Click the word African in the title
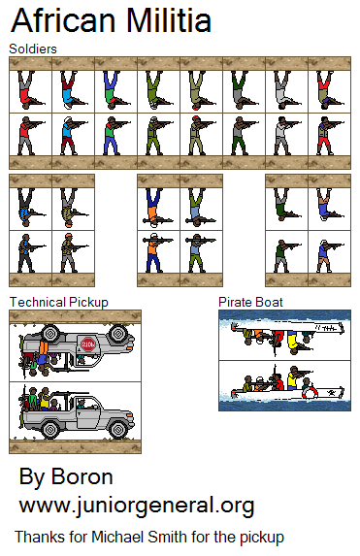click(63, 20)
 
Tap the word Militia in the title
click(169, 20)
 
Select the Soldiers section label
click(33, 49)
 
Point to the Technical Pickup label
click(59, 303)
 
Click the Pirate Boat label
click(250, 302)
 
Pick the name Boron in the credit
click(82, 477)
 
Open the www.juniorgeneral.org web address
click(137, 506)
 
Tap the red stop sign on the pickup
click(88, 343)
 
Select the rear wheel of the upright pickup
click(50, 430)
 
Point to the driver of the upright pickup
click(82, 405)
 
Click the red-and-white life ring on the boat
click(310, 392)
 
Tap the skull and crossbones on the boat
click(332, 393)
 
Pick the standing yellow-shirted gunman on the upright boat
click(293, 378)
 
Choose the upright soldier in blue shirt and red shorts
click(69, 136)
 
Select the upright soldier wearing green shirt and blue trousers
click(112, 136)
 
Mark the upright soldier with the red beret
click(197, 136)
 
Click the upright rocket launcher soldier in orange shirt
click(153, 252)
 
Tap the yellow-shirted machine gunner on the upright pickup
click(45, 399)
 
